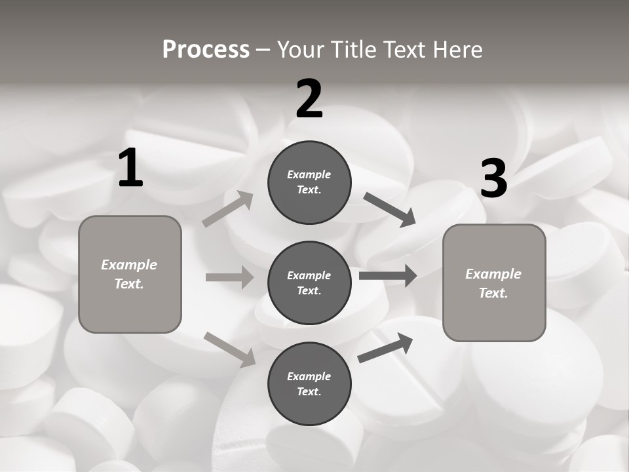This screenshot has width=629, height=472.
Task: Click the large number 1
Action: (130, 168)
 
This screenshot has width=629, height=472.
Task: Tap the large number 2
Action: (309, 99)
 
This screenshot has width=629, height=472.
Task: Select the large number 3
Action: (493, 179)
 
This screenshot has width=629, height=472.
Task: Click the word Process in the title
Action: (206, 49)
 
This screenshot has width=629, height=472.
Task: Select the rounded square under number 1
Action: (130, 274)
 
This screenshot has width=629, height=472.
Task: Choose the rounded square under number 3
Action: (494, 283)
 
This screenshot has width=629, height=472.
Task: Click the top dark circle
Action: (309, 182)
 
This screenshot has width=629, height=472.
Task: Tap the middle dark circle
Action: (309, 283)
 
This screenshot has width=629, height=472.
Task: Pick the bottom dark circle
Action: (309, 383)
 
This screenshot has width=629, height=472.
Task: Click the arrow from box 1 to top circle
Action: (228, 209)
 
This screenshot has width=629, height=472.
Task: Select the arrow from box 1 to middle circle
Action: (229, 277)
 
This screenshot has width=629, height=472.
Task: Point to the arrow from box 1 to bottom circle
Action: (230, 349)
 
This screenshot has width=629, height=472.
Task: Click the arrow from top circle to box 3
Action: (389, 209)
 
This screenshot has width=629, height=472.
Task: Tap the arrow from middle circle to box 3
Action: (388, 275)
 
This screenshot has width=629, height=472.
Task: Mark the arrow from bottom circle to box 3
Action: (386, 347)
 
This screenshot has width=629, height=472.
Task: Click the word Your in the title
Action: (299, 49)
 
